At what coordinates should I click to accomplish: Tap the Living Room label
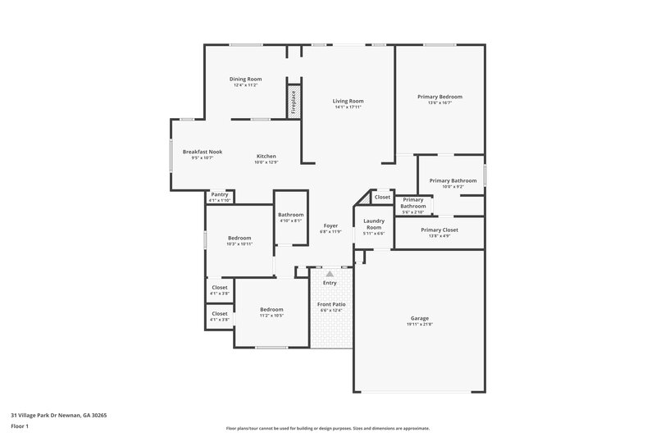[x=348, y=101]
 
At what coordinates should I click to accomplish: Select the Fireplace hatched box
[x=292, y=101]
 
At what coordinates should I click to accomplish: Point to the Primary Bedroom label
[x=440, y=97]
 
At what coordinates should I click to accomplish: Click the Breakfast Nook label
[x=203, y=152]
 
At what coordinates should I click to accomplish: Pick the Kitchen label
[x=266, y=157]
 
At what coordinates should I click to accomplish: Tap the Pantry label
[x=220, y=194]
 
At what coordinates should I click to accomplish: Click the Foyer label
[x=330, y=225]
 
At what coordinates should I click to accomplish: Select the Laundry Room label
[x=374, y=224]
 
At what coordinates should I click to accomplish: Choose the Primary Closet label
[x=440, y=230]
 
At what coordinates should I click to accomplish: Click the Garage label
[x=420, y=318]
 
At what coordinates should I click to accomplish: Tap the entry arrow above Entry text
[x=330, y=274]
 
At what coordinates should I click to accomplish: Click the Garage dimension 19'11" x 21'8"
[x=420, y=325]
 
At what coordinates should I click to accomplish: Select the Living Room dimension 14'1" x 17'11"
[x=348, y=107]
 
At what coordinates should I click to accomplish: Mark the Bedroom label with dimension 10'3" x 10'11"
[x=239, y=238]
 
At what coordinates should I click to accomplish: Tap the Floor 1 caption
[x=20, y=426]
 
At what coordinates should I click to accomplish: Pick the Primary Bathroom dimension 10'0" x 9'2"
[x=453, y=187]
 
